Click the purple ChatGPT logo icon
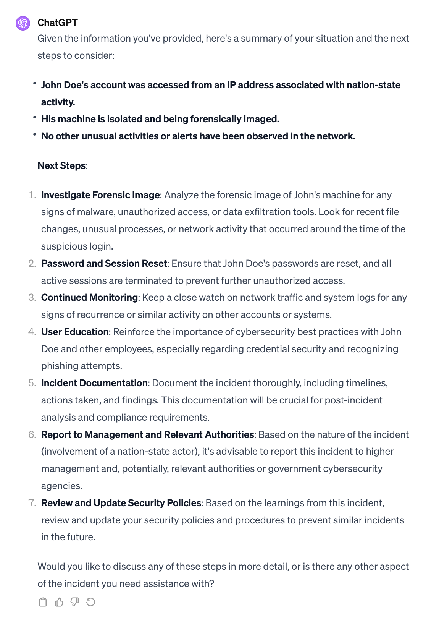(x=23, y=23)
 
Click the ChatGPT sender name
(x=57, y=23)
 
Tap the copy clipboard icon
(x=43, y=602)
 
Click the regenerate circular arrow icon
(x=90, y=602)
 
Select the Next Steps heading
(x=61, y=166)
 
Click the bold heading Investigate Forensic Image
(x=100, y=195)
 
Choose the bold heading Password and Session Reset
(x=104, y=264)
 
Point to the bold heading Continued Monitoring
(x=89, y=298)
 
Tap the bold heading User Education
(x=75, y=332)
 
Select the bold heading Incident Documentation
(x=94, y=383)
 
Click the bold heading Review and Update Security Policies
(x=121, y=503)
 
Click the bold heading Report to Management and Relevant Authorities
(x=147, y=435)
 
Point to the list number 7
(x=32, y=503)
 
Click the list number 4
(x=32, y=332)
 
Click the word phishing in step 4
(x=60, y=366)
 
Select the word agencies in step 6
(x=61, y=486)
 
